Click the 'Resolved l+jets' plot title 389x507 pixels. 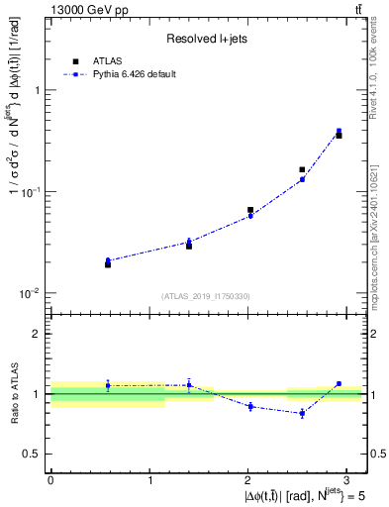[207, 38]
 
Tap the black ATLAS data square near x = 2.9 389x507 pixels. [339, 135]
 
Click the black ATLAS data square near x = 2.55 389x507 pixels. [302, 169]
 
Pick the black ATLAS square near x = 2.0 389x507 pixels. [250, 210]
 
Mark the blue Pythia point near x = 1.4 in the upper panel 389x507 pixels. [189, 242]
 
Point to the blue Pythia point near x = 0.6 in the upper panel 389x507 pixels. [108, 260]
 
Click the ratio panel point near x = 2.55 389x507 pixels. [302, 413]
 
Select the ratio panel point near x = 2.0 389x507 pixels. [250, 406]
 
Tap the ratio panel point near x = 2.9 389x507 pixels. [339, 383]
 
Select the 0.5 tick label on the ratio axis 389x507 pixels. [33, 454]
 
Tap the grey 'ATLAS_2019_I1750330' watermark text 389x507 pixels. [207, 296]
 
